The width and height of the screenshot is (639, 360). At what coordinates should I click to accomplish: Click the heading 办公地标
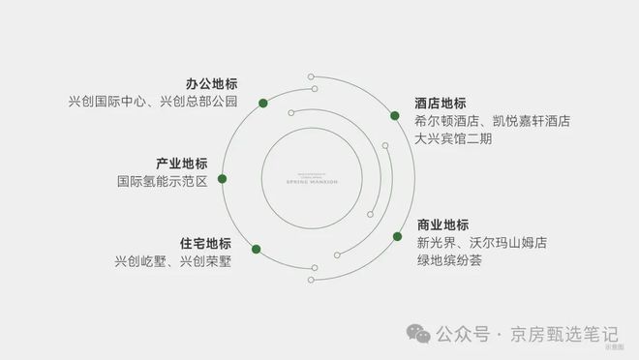212,83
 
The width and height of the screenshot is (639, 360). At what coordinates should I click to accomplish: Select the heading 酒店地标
440,104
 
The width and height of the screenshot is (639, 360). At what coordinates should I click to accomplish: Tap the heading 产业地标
182,163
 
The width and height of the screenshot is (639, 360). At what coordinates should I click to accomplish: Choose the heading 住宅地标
205,243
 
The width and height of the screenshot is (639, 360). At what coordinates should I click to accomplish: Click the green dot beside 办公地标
263,101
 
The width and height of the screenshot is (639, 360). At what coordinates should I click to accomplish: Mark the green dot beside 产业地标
222,179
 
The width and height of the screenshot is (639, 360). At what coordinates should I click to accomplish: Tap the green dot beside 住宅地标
255,249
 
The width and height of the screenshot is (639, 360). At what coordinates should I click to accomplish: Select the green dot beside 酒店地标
394,116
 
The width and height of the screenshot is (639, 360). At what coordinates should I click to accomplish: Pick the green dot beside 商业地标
397,236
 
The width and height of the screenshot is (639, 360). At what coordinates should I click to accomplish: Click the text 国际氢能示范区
163,181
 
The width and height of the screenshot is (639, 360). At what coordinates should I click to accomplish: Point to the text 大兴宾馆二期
453,139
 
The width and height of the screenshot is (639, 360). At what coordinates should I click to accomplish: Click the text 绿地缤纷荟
449,261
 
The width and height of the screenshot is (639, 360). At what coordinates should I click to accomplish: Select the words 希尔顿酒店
446,121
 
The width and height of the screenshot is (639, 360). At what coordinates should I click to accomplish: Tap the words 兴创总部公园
198,102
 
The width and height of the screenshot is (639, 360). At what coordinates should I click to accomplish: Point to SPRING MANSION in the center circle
313,181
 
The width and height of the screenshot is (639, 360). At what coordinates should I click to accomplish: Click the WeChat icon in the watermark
419,334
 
